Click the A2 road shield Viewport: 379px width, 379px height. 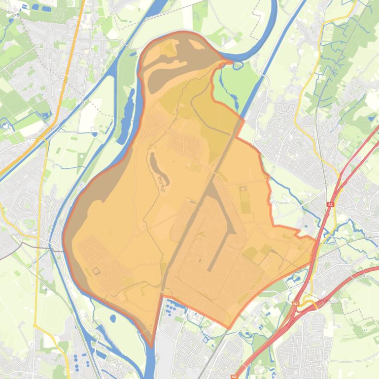click(330, 204)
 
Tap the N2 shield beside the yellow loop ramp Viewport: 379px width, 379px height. click(296, 304)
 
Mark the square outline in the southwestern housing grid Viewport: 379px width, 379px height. click(96, 271)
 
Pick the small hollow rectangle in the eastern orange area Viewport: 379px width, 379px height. click(242, 189)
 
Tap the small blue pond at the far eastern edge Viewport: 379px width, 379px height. click(371, 118)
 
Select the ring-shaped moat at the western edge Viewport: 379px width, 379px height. click(6, 125)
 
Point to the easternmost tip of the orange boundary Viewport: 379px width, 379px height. click(316, 239)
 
